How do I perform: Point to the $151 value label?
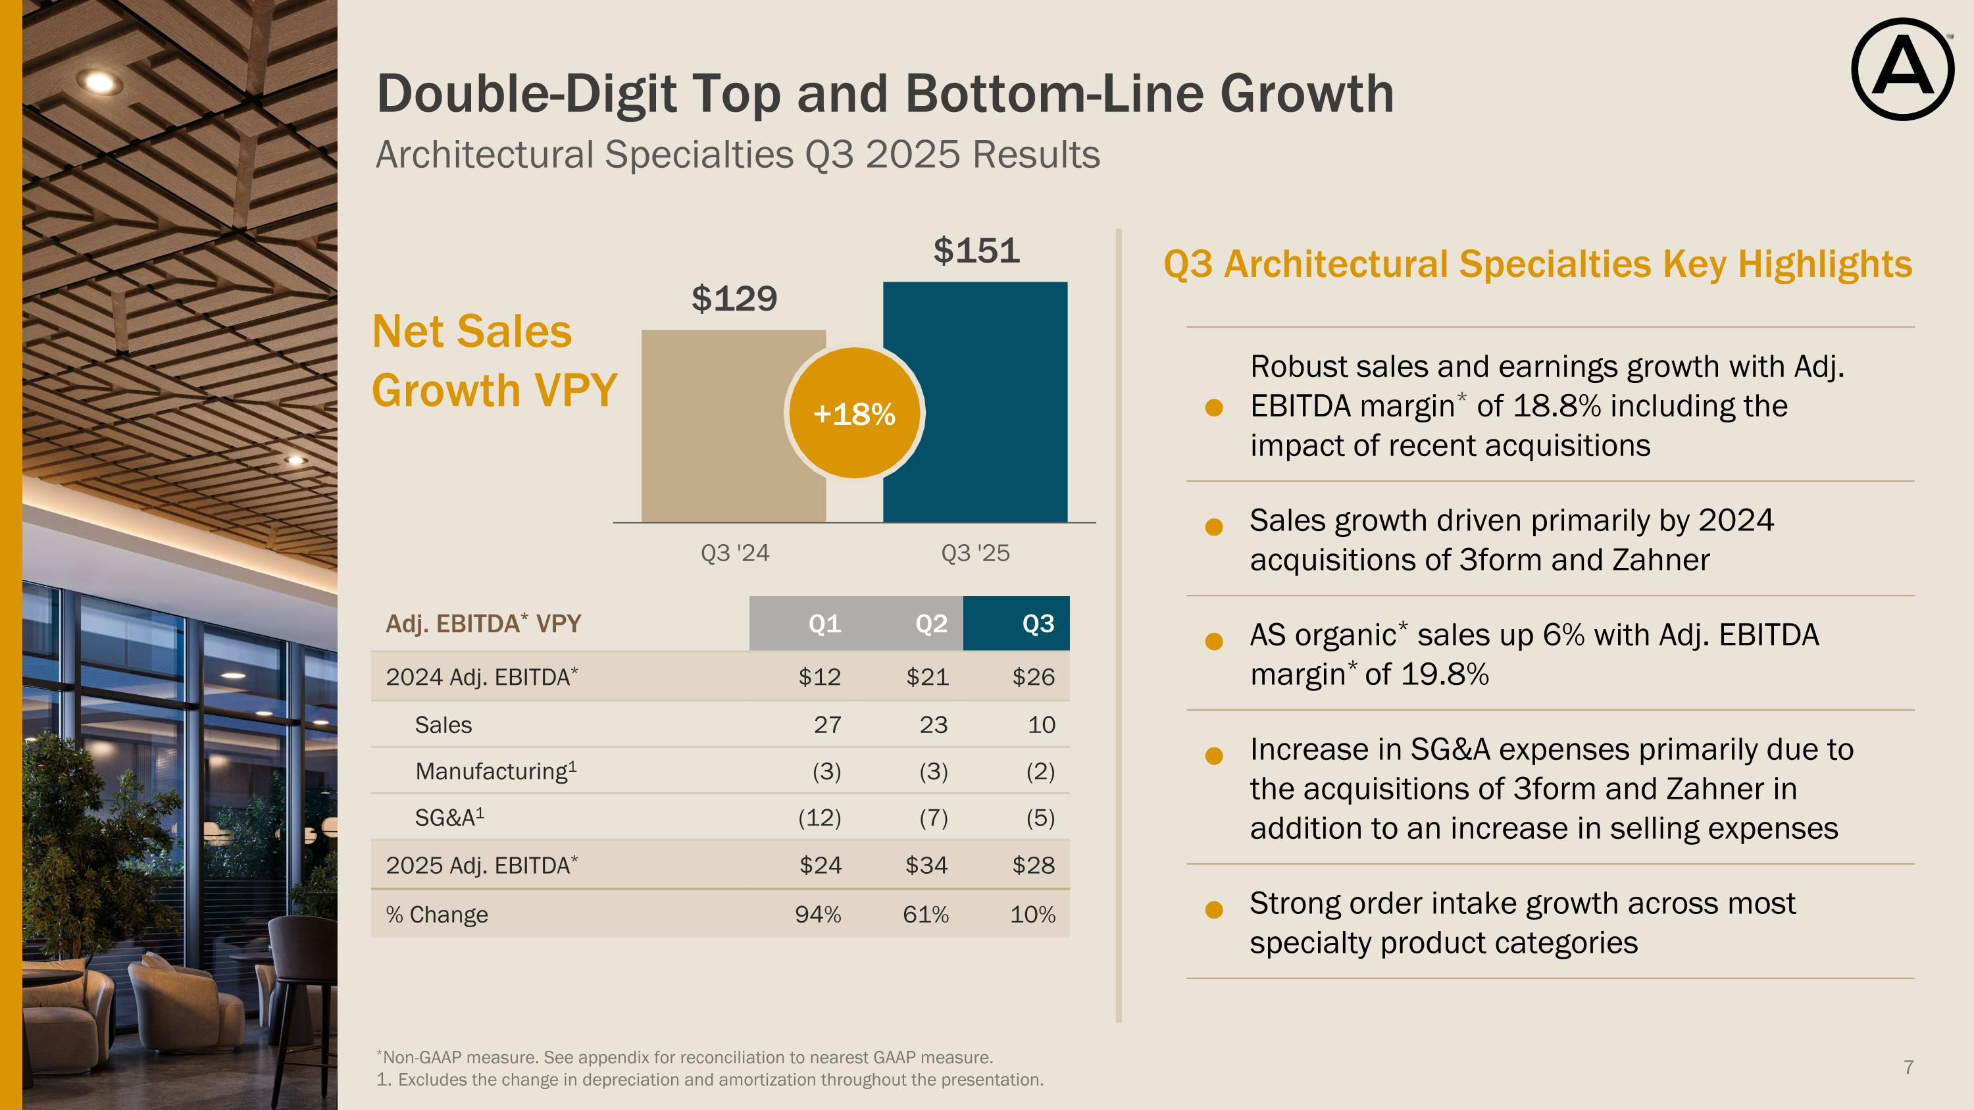[x=976, y=251]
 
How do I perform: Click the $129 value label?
[x=734, y=299]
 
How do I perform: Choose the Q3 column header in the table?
[x=1038, y=624]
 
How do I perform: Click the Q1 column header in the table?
[x=824, y=624]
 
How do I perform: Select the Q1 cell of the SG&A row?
[x=819, y=818]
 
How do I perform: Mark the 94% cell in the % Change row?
[x=818, y=915]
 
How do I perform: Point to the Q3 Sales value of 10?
[x=1041, y=724]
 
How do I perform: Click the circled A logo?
[x=1903, y=70]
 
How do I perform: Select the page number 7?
[x=1908, y=1067]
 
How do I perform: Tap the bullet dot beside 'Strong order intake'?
[x=1214, y=910]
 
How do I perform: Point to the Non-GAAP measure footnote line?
[x=686, y=1057]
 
